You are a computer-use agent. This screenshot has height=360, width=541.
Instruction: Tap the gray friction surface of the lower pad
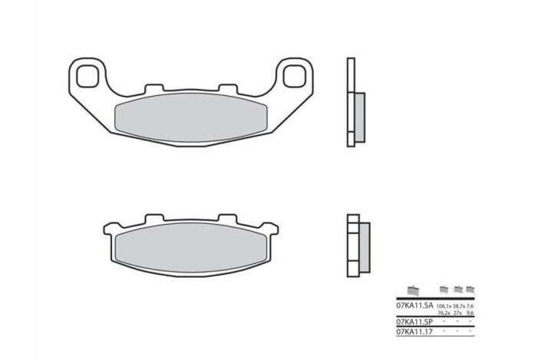click(189, 245)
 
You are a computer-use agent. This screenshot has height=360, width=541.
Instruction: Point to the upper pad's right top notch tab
click(226, 89)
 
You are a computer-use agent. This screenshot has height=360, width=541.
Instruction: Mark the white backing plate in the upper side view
click(351, 104)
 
